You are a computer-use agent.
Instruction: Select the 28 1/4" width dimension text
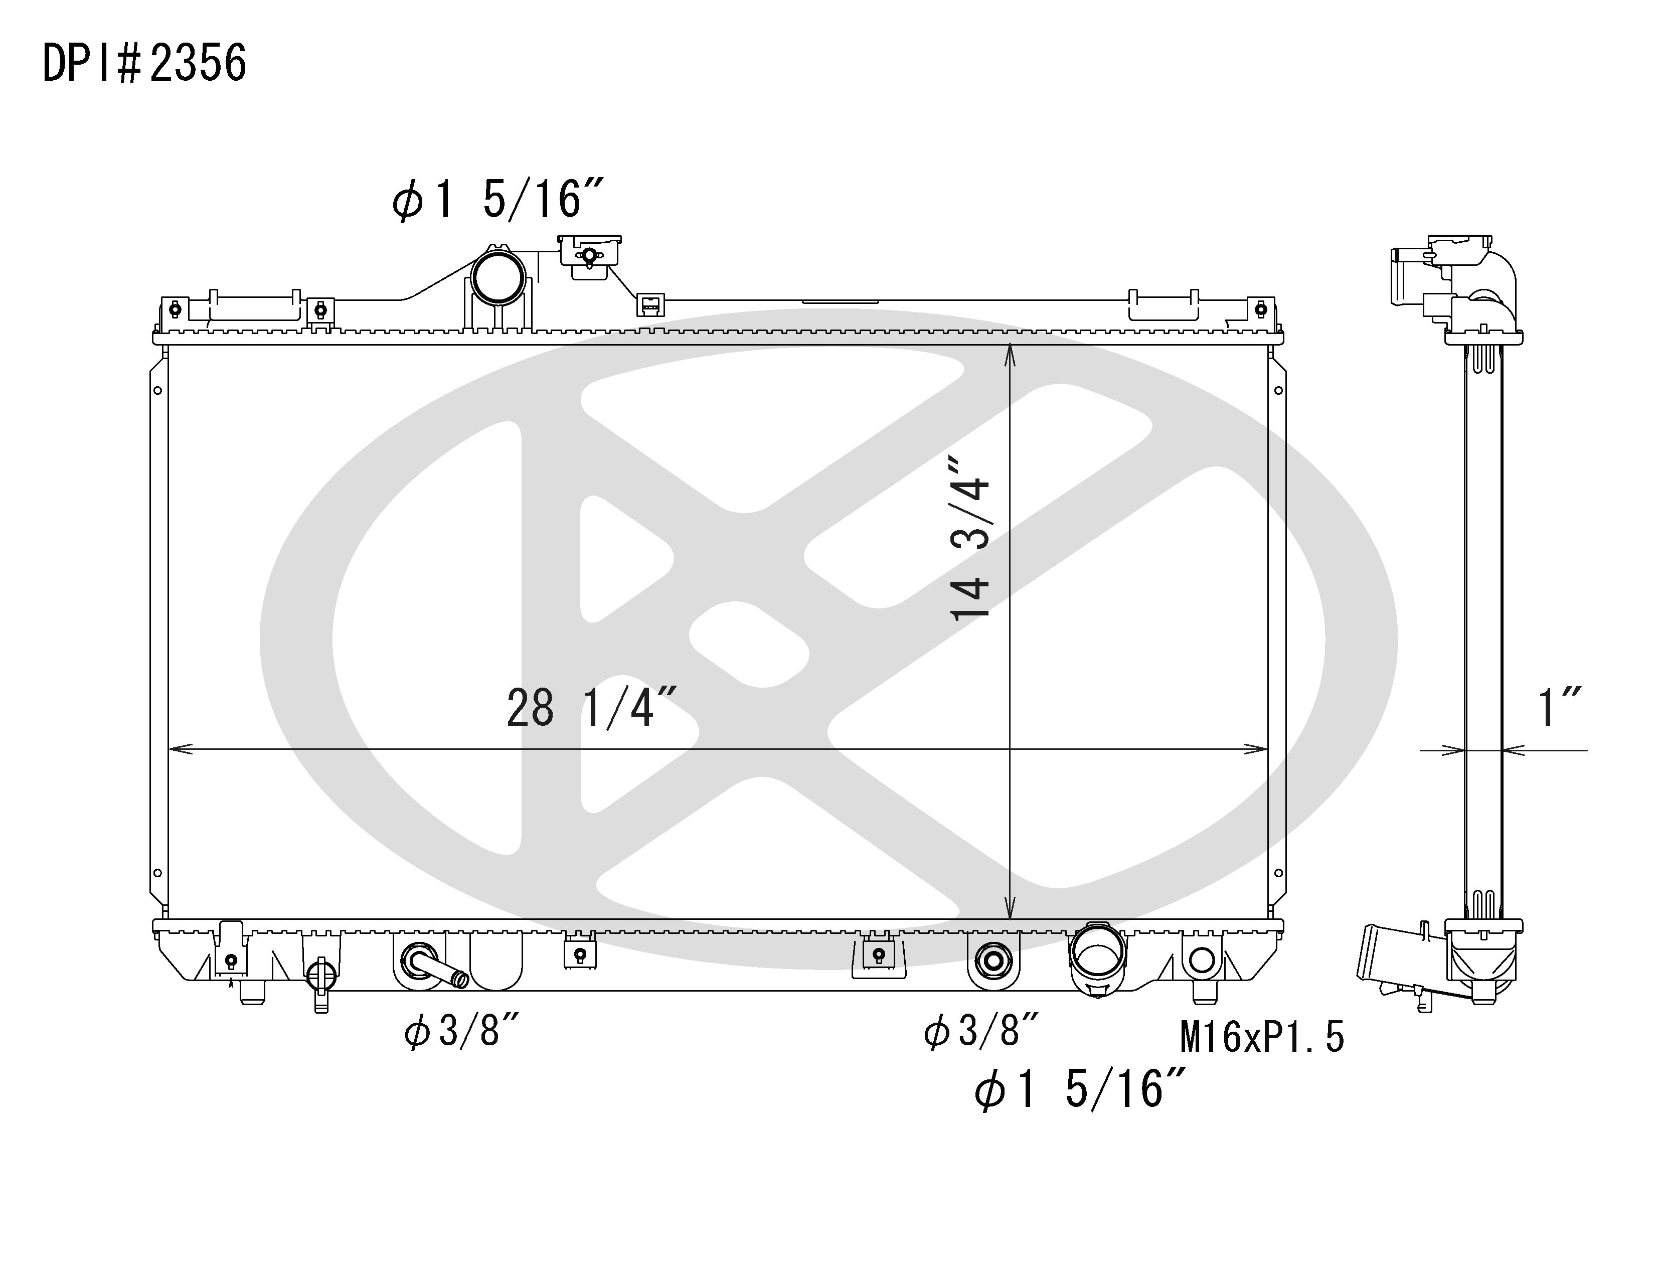(x=592, y=708)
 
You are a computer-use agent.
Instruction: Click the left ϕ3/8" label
(x=461, y=1031)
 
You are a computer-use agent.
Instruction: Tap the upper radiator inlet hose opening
(x=499, y=277)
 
